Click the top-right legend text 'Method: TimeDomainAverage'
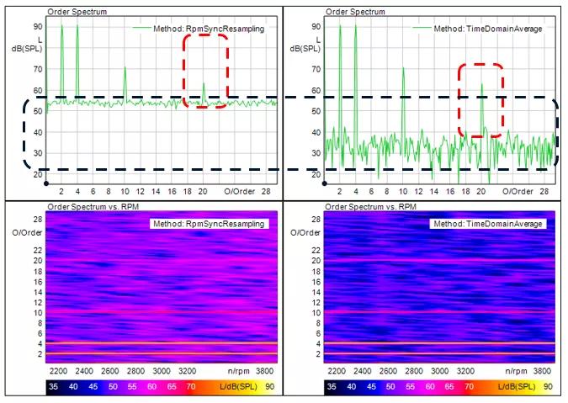[479, 28]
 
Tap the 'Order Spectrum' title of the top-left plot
[72, 12]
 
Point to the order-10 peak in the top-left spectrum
[125, 68]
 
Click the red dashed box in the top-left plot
[205, 72]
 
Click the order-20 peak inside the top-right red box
[481, 85]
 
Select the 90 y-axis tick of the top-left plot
[38, 27]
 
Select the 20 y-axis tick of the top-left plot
[38, 174]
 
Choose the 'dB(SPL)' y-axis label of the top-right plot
[312, 49]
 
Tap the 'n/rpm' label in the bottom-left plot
[239, 370]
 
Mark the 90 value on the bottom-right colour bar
[548, 386]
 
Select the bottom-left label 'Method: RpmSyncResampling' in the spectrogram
[208, 224]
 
